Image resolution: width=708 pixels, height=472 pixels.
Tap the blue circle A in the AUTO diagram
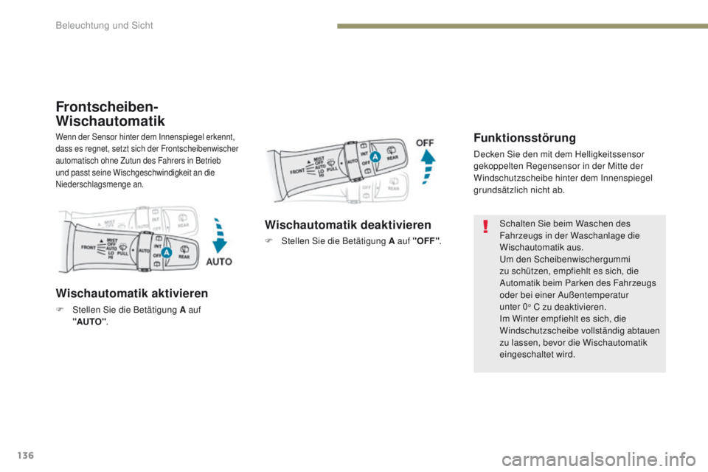tap(167, 253)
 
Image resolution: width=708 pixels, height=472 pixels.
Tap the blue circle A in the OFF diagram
tap(375, 156)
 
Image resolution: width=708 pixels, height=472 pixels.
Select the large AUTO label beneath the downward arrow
tap(219, 262)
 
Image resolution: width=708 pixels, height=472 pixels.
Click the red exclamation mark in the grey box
tap(486, 226)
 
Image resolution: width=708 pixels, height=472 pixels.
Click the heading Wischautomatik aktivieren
tap(131, 292)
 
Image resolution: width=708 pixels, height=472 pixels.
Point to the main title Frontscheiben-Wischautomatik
tap(111, 112)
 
